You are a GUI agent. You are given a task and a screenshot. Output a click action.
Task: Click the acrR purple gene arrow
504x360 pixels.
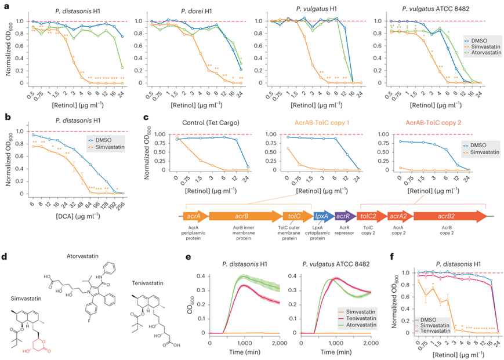coord(344,216)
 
